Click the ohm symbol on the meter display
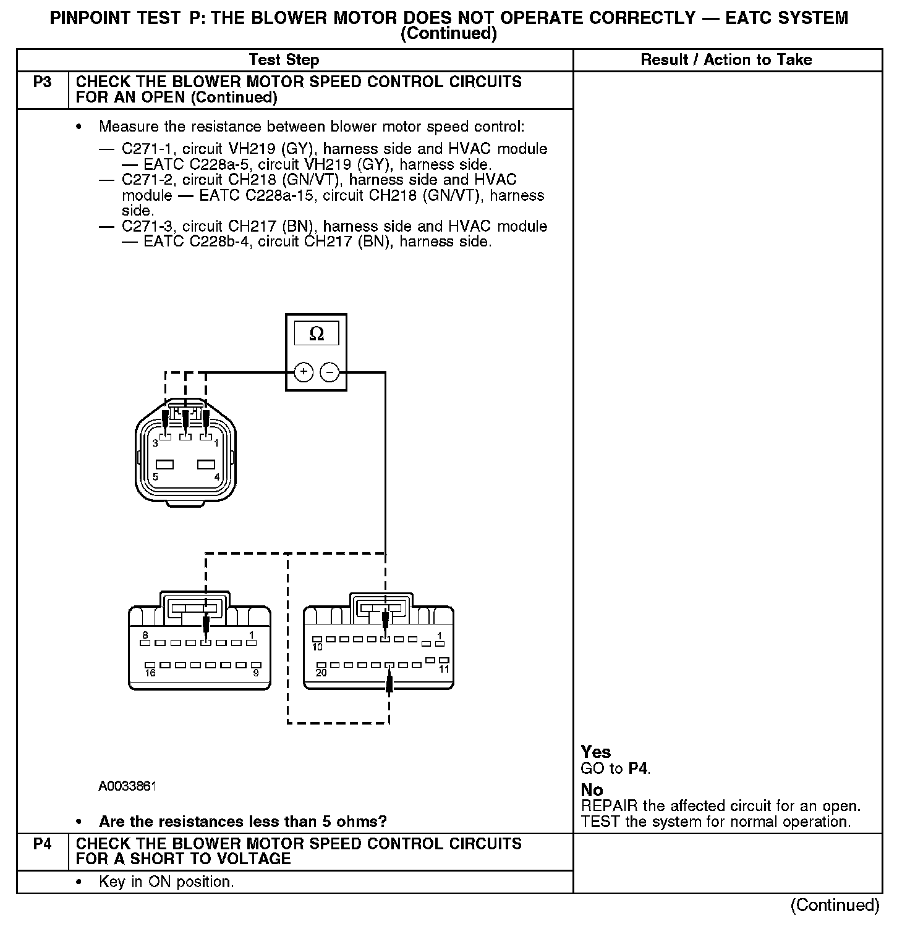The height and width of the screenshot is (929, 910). [x=316, y=334]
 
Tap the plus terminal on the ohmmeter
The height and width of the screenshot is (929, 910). [x=304, y=372]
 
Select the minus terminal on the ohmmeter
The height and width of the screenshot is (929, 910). [x=330, y=372]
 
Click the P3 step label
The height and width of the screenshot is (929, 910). [x=42, y=82]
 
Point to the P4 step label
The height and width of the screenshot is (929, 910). [x=42, y=844]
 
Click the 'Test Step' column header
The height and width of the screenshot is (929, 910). [x=284, y=60]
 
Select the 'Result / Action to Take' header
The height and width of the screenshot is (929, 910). [x=726, y=60]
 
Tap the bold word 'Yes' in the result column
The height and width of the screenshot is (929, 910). [x=596, y=752]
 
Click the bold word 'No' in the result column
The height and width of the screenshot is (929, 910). [x=592, y=790]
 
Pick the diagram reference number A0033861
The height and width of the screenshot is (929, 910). [x=127, y=786]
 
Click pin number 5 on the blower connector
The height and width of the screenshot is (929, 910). [x=155, y=477]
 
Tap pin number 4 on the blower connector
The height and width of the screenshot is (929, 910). [x=217, y=477]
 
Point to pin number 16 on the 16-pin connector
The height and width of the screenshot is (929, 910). [x=150, y=673]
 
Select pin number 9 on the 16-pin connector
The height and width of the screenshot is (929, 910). [x=256, y=673]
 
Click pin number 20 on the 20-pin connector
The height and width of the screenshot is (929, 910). [x=321, y=673]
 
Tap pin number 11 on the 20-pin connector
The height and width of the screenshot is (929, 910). [x=444, y=669]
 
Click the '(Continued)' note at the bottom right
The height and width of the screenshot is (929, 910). [x=835, y=905]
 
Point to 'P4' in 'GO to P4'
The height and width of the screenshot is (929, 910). [x=639, y=769]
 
